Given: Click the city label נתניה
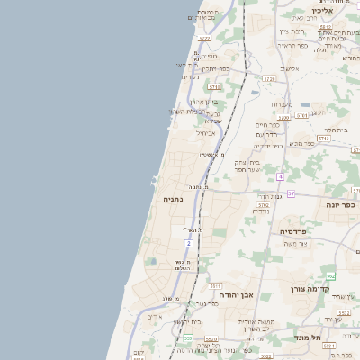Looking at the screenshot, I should pos(174,197).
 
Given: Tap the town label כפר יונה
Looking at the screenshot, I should pos(339,204).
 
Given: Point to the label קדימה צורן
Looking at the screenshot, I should pos(311,290).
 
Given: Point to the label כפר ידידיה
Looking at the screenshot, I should pos(267,146).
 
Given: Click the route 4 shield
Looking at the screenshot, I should pos(281,176).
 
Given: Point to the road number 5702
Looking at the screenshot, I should pos(264,205).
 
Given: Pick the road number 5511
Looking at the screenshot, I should pos(215,285).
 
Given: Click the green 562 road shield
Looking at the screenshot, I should pos(330,276).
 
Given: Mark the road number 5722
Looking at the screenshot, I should pos(204,39).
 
